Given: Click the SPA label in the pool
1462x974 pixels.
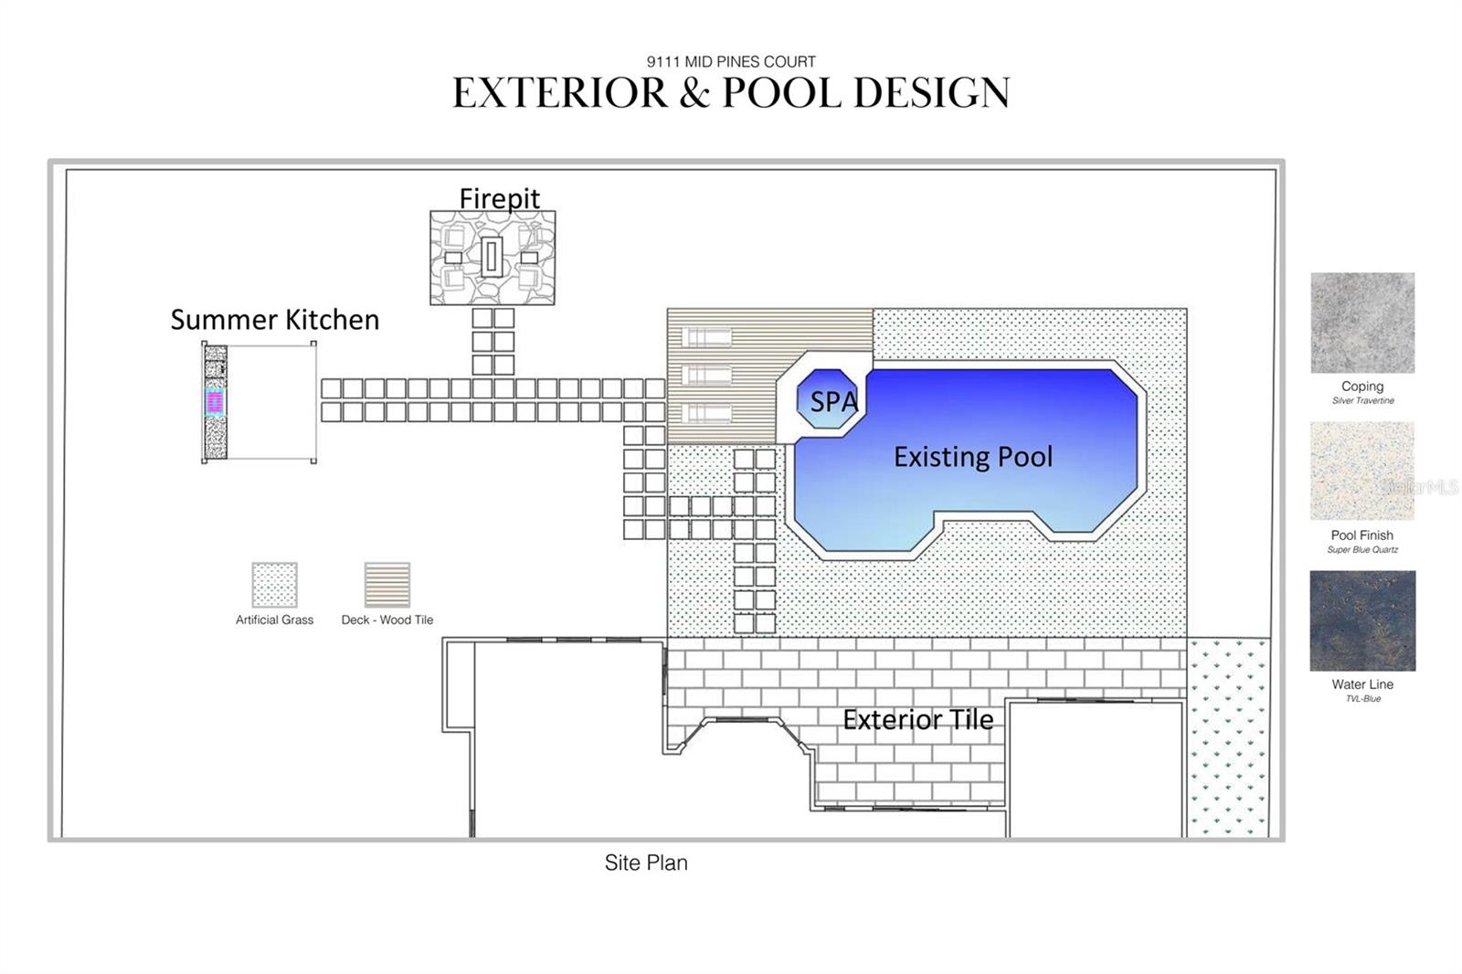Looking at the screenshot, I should (x=833, y=402).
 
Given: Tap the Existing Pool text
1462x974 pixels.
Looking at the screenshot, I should (x=973, y=457).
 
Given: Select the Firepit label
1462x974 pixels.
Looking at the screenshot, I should (x=499, y=198).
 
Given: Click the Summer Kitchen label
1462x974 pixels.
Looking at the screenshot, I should (x=274, y=320).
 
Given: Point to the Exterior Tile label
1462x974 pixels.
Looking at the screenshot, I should (x=917, y=720).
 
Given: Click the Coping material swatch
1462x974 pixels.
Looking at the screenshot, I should (x=1362, y=323).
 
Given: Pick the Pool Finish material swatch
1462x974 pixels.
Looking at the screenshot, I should (x=1362, y=471).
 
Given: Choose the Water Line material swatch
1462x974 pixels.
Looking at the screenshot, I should (x=1362, y=621).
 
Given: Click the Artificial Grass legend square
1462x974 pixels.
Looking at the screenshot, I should (x=274, y=585).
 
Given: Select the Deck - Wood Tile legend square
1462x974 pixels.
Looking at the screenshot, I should (x=387, y=585).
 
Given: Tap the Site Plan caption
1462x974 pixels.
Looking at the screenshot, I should (x=646, y=863).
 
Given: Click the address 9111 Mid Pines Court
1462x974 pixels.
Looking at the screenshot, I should (x=731, y=62).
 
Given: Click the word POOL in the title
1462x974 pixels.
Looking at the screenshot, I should (x=780, y=93).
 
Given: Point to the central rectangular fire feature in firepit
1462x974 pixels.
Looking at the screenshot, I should (x=492, y=257).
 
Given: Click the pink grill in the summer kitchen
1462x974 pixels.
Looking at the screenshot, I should (x=216, y=402).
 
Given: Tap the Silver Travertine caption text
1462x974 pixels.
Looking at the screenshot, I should (x=1362, y=401).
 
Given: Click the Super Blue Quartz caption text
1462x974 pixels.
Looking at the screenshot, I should (x=1362, y=550).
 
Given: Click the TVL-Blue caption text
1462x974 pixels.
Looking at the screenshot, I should (x=1362, y=699).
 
